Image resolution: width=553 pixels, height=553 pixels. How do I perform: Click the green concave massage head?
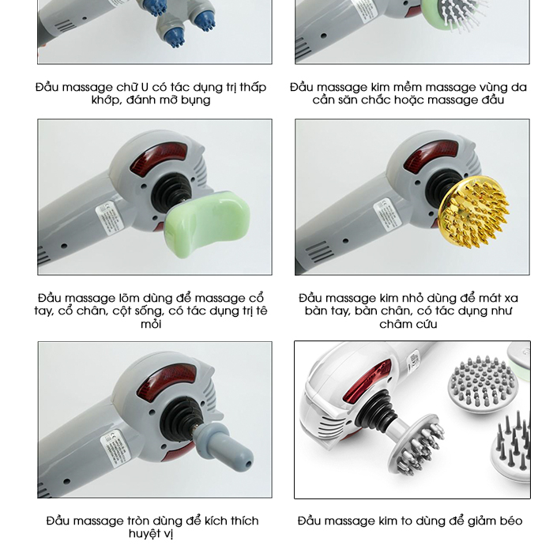click(x=207, y=224)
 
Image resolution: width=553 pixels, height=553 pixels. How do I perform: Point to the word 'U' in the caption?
click(x=145, y=87)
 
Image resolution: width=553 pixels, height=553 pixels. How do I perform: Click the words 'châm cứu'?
click(x=408, y=324)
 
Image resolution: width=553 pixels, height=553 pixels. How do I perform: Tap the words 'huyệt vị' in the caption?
click(x=151, y=534)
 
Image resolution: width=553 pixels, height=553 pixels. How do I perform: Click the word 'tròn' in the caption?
click(x=139, y=521)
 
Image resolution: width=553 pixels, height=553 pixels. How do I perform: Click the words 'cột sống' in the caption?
click(x=141, y=311)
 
